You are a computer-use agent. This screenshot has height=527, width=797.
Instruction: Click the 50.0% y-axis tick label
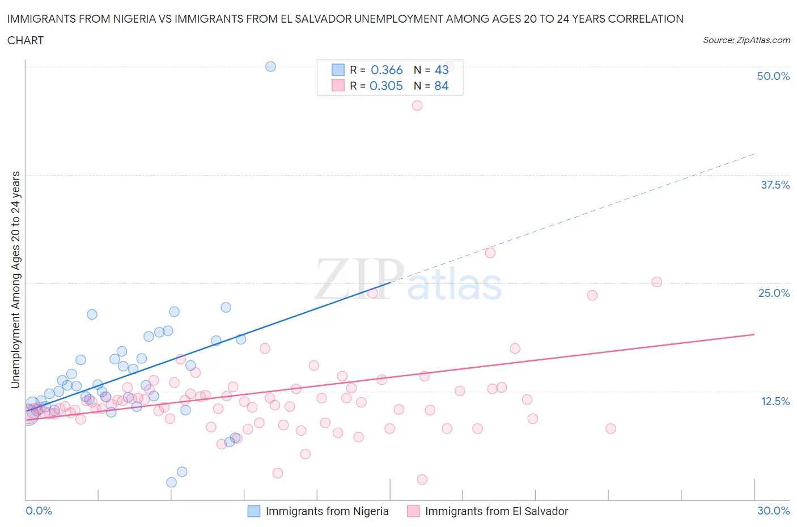pos(773,76)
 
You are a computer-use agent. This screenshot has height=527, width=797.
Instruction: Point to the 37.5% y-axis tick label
pos(775,185)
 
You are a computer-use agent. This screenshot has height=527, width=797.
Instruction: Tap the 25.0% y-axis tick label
pos(774,293)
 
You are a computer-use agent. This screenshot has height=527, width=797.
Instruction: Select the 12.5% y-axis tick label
pos(775,401)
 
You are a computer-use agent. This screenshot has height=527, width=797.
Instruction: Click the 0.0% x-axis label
pos(39,511)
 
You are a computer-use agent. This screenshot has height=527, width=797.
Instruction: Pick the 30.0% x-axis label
pos(773,511)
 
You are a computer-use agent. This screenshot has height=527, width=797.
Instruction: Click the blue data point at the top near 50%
pos(271,66)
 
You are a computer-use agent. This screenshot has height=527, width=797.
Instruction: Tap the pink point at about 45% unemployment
pos(417,105)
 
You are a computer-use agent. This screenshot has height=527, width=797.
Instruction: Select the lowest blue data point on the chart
pos(171,482)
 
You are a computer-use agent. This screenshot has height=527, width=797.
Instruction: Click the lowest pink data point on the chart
pos(422,479)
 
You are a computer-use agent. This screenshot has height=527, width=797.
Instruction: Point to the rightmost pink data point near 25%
pos(656,282)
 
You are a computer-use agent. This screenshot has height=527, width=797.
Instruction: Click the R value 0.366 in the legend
pos(387,70)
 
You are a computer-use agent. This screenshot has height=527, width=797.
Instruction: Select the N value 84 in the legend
pos(441,86)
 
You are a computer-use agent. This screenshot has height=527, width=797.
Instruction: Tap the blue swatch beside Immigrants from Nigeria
pos(254,511)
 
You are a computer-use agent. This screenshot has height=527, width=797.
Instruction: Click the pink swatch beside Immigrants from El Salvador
pos(413,511)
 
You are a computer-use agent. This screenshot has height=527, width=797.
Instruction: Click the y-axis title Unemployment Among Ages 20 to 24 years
pos(15,280)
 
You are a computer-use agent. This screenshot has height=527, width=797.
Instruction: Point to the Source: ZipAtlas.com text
pos(746,40)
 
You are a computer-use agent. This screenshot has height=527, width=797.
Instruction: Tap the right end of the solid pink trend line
pos(754,334)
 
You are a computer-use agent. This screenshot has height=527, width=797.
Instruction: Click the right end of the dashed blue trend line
pos(754,154)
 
